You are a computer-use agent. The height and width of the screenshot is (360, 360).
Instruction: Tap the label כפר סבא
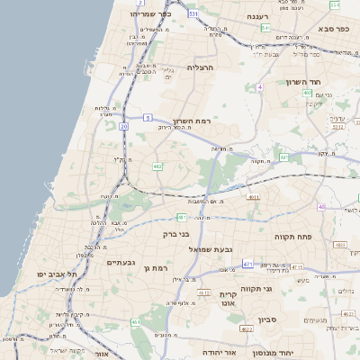point(333,29)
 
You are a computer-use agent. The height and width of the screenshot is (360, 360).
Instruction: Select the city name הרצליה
point(200,67)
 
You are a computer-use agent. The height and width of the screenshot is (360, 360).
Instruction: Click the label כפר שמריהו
point(150,13)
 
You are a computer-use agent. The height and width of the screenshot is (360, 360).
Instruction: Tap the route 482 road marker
point(157,166)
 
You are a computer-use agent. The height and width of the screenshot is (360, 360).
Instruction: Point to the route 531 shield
point(193,14)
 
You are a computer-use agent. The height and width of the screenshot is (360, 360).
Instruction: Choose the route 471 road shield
point(247,264)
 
